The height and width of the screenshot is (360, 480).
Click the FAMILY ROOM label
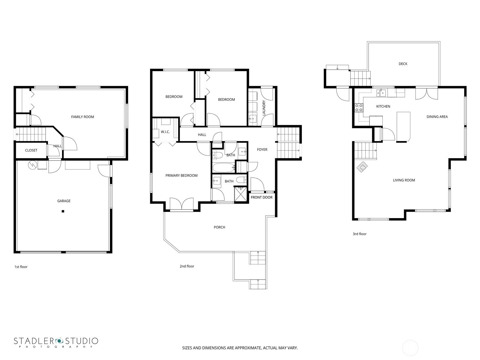click(x=82, y=117)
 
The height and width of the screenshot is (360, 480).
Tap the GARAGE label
click(x=64, y=201)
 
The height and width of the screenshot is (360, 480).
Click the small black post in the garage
click(x=63, y=211)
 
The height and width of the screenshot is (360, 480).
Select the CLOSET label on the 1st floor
click(x=31, y=150)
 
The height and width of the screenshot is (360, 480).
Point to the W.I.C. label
click(x=165, y=132)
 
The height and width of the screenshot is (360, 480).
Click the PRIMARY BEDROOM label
click(x=181, y=175)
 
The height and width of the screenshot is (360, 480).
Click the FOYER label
click(x=262, y=149)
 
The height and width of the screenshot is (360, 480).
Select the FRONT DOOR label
click(x=262, y=197)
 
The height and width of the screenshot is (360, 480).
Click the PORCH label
click(x=219, y=227)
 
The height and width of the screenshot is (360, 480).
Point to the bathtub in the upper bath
click(x=224, y=167)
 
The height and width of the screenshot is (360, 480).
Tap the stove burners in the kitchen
click(x=358, y=108)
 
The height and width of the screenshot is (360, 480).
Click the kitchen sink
click(x=381, y=93)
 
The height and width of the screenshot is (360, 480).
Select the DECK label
click(x=403, y=64)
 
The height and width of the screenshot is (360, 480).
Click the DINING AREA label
click(x=437, y=117)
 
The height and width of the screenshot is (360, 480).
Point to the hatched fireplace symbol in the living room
click(x=362, y=166)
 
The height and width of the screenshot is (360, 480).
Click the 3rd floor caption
click(x=359, y=234)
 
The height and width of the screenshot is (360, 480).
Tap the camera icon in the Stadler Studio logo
click(x=59, y=341)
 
